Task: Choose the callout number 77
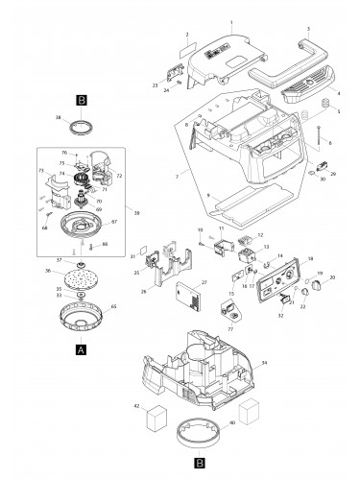coord(231,327)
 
